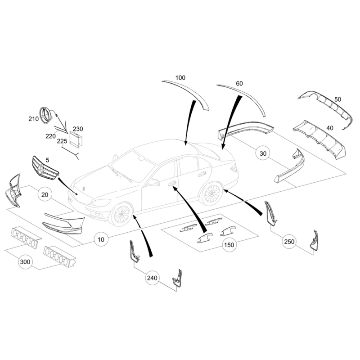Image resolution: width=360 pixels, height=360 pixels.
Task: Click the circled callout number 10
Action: tap(101, 239)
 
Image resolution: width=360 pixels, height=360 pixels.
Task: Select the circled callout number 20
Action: tap(45, 194)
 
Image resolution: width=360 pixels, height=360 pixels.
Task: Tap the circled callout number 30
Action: tap(263, 153)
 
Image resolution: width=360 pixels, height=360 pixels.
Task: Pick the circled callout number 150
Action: tap(229, 245)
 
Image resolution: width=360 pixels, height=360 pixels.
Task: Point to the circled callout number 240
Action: tap(152, 278)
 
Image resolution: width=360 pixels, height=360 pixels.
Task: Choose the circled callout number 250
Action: tap(289, 242)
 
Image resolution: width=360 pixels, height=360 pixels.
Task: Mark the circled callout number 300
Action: tap(25, 262)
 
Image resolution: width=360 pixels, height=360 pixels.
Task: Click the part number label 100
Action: tap(180, 77)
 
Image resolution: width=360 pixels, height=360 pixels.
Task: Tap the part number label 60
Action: tap(239, 83)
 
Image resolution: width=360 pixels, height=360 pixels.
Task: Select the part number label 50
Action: tap(337, 99)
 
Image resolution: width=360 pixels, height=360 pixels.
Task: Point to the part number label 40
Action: tap(330, 128)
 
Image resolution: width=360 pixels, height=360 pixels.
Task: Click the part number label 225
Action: tap(62, 141)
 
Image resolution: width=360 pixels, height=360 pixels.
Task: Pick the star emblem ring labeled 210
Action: tap(47, 116)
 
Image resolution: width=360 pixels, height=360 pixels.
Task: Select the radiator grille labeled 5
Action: tap(45, 168)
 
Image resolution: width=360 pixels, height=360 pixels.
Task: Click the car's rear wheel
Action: tap(211, 193)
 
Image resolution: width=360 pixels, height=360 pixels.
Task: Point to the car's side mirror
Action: tap(153, 183)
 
